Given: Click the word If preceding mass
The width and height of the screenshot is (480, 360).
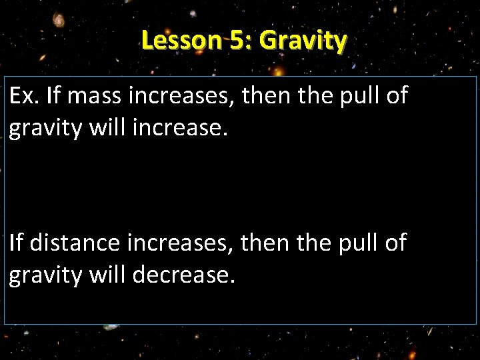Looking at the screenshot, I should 55,98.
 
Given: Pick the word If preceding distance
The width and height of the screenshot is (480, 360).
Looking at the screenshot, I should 15,243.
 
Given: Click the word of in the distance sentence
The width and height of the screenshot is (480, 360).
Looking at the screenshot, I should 395,243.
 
